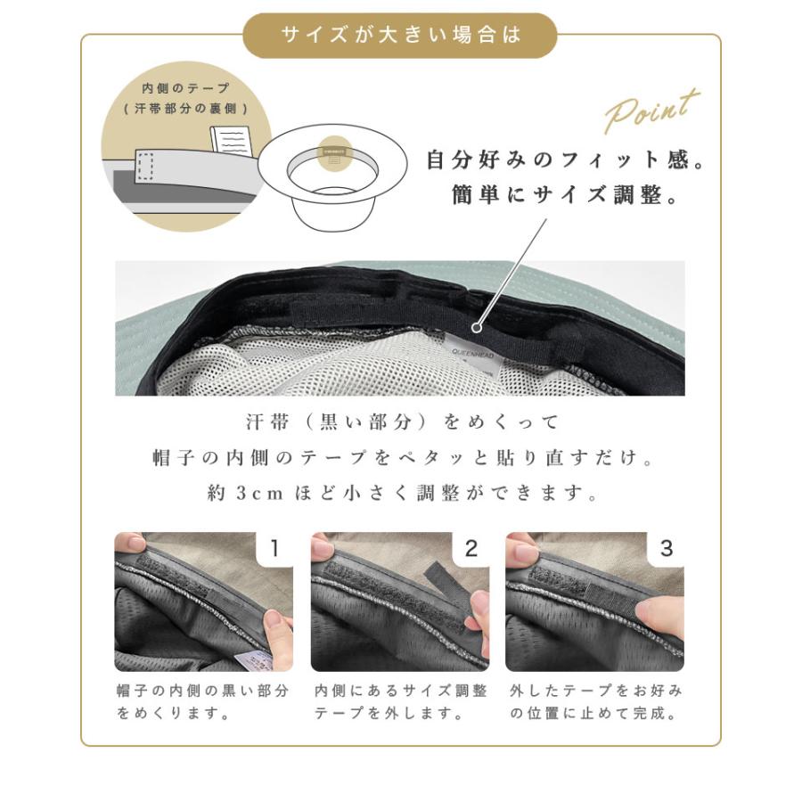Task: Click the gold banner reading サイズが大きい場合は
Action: (399, 36)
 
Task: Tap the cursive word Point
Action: (651, 111)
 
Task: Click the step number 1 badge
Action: (274, 548)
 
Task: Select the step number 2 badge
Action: (471, 548)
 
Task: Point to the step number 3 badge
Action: (666, 548)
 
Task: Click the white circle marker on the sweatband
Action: (477, 327)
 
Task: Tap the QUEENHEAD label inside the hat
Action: (473, 354)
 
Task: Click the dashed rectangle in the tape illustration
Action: (145, 167)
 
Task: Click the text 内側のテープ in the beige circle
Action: (186, 88)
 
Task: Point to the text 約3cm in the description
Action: (245, 493)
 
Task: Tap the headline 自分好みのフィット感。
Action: (566, 160)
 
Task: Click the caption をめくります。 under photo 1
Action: (173, 713)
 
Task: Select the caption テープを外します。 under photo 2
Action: (389, 713)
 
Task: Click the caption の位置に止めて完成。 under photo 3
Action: (593, 713)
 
